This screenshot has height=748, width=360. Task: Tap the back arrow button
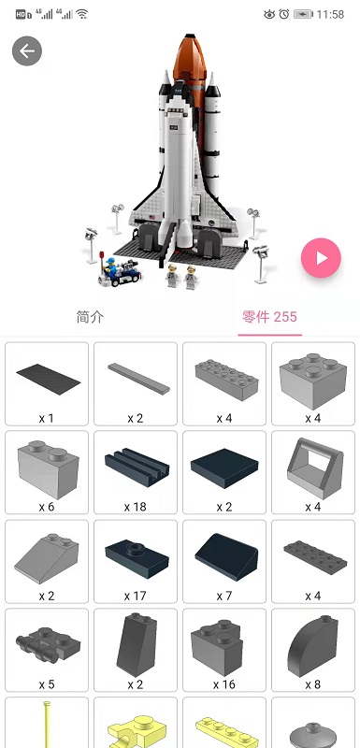27,50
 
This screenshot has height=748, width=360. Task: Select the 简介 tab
90,317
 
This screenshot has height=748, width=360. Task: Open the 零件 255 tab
267,317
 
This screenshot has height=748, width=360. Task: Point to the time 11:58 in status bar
331,14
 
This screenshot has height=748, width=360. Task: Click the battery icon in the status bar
303,14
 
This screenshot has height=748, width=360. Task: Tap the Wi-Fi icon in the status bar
82,14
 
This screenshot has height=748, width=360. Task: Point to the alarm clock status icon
284,14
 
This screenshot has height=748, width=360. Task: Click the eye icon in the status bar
269,14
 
